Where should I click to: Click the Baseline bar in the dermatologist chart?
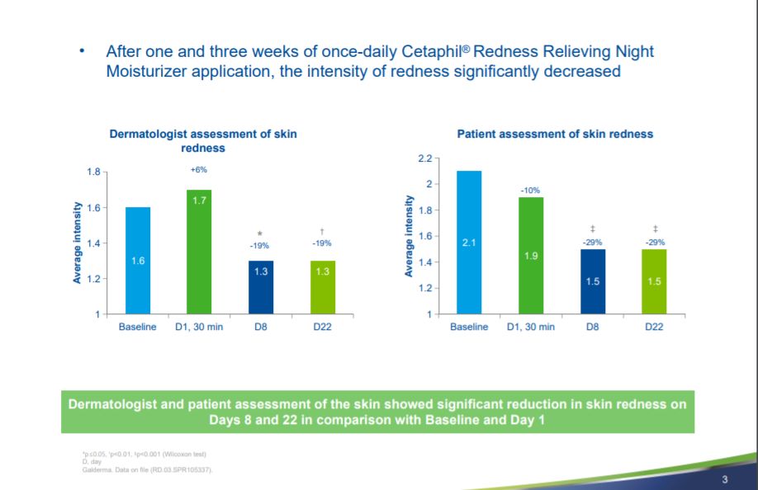(138, 261)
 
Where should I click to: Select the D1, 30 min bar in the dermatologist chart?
(199, 252)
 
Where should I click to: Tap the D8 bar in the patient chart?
(592, 281)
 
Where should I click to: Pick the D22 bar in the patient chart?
(653, 281)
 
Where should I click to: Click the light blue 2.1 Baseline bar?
(469, 243)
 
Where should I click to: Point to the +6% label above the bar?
(199, 169)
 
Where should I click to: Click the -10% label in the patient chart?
(530, 191)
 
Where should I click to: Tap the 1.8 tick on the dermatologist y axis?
(93, 172)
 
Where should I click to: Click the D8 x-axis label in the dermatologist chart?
(260, 327)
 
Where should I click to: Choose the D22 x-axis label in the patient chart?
(653, 327)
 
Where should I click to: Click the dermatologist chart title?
(203, 141)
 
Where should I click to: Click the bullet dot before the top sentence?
(82, 51)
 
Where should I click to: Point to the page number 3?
(724, 480)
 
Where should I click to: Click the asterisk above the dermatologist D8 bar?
(260, 234)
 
